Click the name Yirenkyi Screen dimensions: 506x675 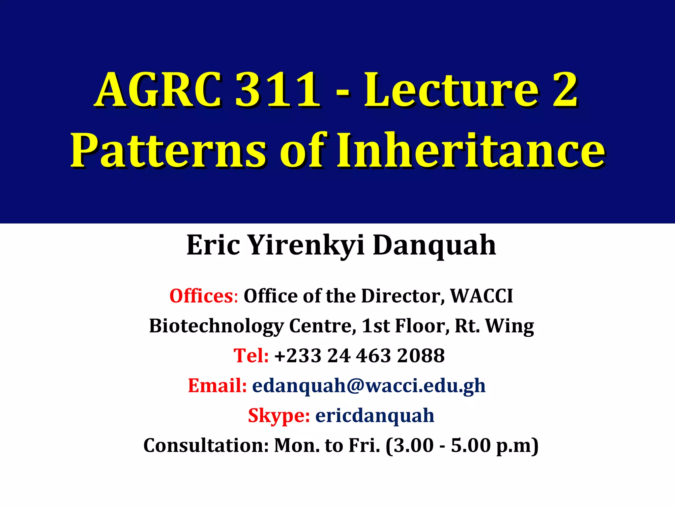306,245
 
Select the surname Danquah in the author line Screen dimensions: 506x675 434,245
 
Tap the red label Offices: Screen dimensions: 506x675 204,296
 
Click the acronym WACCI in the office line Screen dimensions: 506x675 482,296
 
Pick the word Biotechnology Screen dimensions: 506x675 216,326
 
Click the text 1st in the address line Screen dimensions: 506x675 375,326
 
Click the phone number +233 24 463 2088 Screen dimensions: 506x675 360,356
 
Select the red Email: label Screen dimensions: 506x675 217,385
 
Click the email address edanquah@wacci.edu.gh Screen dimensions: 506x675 369,385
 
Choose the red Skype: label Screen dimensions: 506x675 279,415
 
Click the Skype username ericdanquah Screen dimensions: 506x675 375,415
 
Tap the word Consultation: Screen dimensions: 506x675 206,445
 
